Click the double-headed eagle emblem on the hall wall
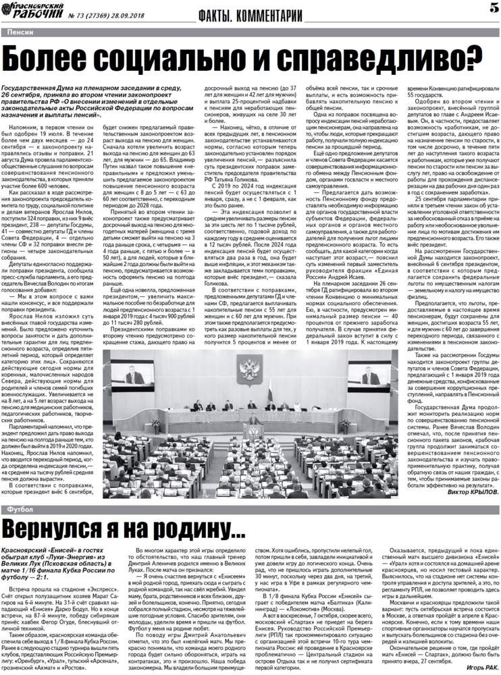pyautogui.click(x=251, y=370)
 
